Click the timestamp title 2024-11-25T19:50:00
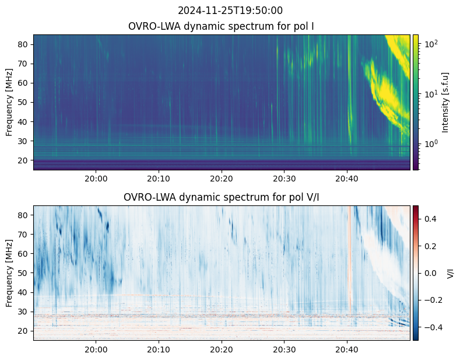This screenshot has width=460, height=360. coord(230,11)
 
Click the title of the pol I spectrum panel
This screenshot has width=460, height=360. coord(221,26)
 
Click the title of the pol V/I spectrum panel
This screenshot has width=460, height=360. coord(221,197)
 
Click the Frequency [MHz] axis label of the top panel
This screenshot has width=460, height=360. coord(9,103)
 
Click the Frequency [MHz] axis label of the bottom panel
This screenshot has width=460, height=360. coord(9,274)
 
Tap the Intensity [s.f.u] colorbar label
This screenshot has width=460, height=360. coord(445,103)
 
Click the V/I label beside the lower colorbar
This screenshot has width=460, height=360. coord(450,274)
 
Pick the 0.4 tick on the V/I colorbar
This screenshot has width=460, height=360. coord(430,219)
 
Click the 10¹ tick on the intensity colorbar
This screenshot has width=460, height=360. coord(431,94)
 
